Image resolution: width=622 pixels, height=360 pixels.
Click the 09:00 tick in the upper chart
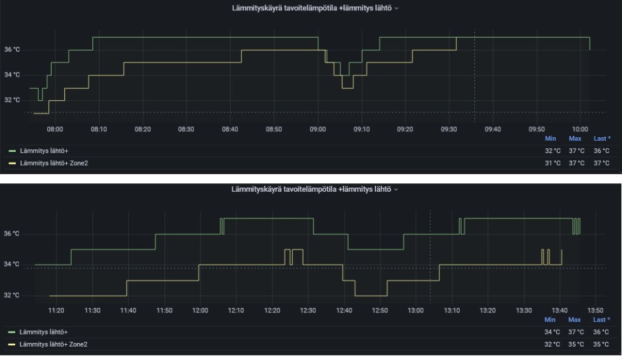click(x=318, y=129)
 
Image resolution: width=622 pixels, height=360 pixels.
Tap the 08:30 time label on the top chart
click(x=186, y=129)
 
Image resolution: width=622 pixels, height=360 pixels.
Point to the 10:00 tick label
click(x=580, y=129)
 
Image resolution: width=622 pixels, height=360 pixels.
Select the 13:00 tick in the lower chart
click(x=415, y=310)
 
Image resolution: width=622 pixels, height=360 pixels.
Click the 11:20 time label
click(x=56, y=310)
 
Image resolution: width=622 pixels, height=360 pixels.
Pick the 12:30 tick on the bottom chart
click(x=308, y=310)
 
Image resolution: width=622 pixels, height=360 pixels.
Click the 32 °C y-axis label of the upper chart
click(x=12, y=100)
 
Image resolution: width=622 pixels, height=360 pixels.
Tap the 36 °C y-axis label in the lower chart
click(x=12, y=234)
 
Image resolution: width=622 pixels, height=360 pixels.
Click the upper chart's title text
click(x=312, y=8)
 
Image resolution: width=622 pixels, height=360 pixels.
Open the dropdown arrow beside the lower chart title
click(x=396, y=190)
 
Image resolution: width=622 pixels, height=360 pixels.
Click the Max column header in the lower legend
click(x=575, y=319)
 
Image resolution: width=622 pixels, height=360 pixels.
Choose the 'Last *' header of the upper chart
click(x=602, y=138)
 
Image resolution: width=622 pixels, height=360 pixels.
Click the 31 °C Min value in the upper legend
click(x=553, y=163)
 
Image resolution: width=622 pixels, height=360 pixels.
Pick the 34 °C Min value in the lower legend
click(x=552, y=332)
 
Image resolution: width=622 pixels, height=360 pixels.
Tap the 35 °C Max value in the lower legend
click(x=576, y=344)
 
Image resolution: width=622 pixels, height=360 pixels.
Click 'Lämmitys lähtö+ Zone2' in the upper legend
click(x=54, y=163)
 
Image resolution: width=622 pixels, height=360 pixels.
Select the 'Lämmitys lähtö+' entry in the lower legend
click(x=44, y=332)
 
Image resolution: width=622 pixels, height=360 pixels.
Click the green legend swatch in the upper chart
click(x=12, y=151)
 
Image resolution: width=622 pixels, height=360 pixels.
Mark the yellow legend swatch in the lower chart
click(x=12, y=344)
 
